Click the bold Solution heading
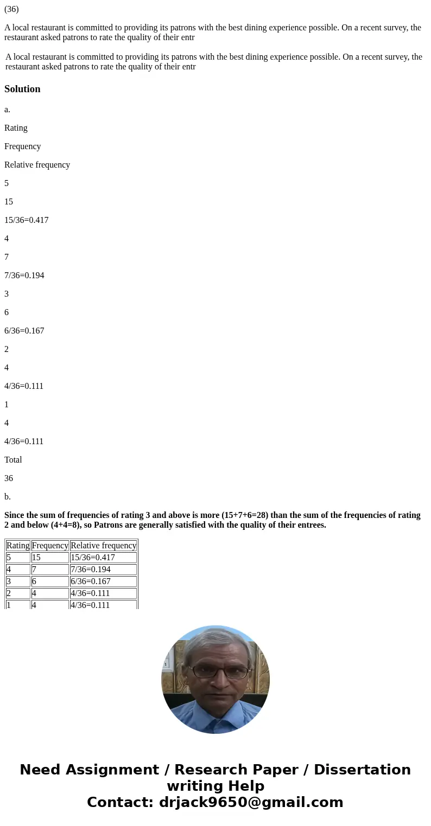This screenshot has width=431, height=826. tap(22, 89)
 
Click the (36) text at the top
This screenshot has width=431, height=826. tap(11, 9)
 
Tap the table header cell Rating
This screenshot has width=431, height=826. tap(18, 546)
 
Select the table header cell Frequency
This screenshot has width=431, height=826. tap(50, 546)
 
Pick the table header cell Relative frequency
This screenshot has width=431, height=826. tap(103, 546)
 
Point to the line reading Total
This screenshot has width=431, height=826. tap(13, 460)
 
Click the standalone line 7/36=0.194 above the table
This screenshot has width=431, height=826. tap(24, 276)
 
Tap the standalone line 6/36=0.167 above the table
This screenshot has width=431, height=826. tap(24, 331)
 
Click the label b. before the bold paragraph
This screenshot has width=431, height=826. tap(8, 497)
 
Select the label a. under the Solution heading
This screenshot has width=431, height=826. tap(8, 110)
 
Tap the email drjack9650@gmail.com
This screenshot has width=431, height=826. tap(251, 803)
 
